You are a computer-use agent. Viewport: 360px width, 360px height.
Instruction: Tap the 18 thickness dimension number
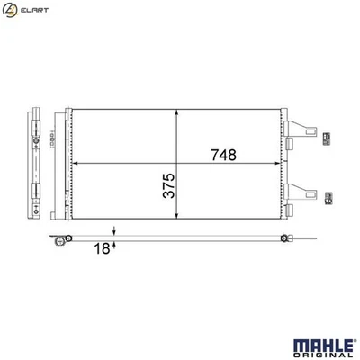[103, 247]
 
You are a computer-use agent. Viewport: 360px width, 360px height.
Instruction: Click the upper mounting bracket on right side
[303, 133]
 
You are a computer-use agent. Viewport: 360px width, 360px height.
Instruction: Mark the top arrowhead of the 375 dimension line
[181, 114]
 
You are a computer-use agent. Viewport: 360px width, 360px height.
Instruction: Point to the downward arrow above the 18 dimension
[115, 231]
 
